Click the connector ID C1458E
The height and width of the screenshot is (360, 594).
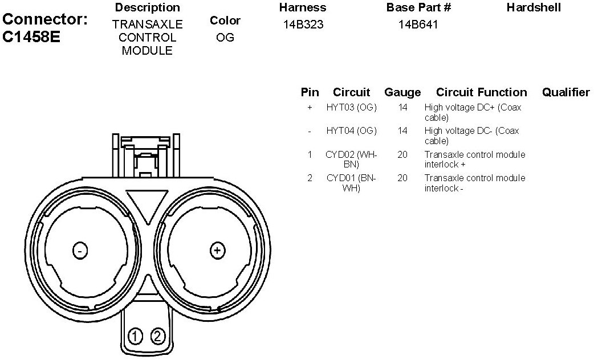tap(31, 37)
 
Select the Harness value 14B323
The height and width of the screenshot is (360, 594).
tap(303, 24)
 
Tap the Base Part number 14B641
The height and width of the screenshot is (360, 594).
tap(418, 24)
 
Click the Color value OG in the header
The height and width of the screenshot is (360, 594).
tap(225, 38)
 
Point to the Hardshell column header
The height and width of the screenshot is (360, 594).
tap(534, 7)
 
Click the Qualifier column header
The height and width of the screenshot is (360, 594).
tap(566, 92)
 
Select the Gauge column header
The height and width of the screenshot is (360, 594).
tap(402, 92)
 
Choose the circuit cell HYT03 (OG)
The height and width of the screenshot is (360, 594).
tap(352, 108)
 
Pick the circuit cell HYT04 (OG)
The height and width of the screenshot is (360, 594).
tap(352, 131)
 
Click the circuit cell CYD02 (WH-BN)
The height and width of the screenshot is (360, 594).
tap(351, 159)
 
